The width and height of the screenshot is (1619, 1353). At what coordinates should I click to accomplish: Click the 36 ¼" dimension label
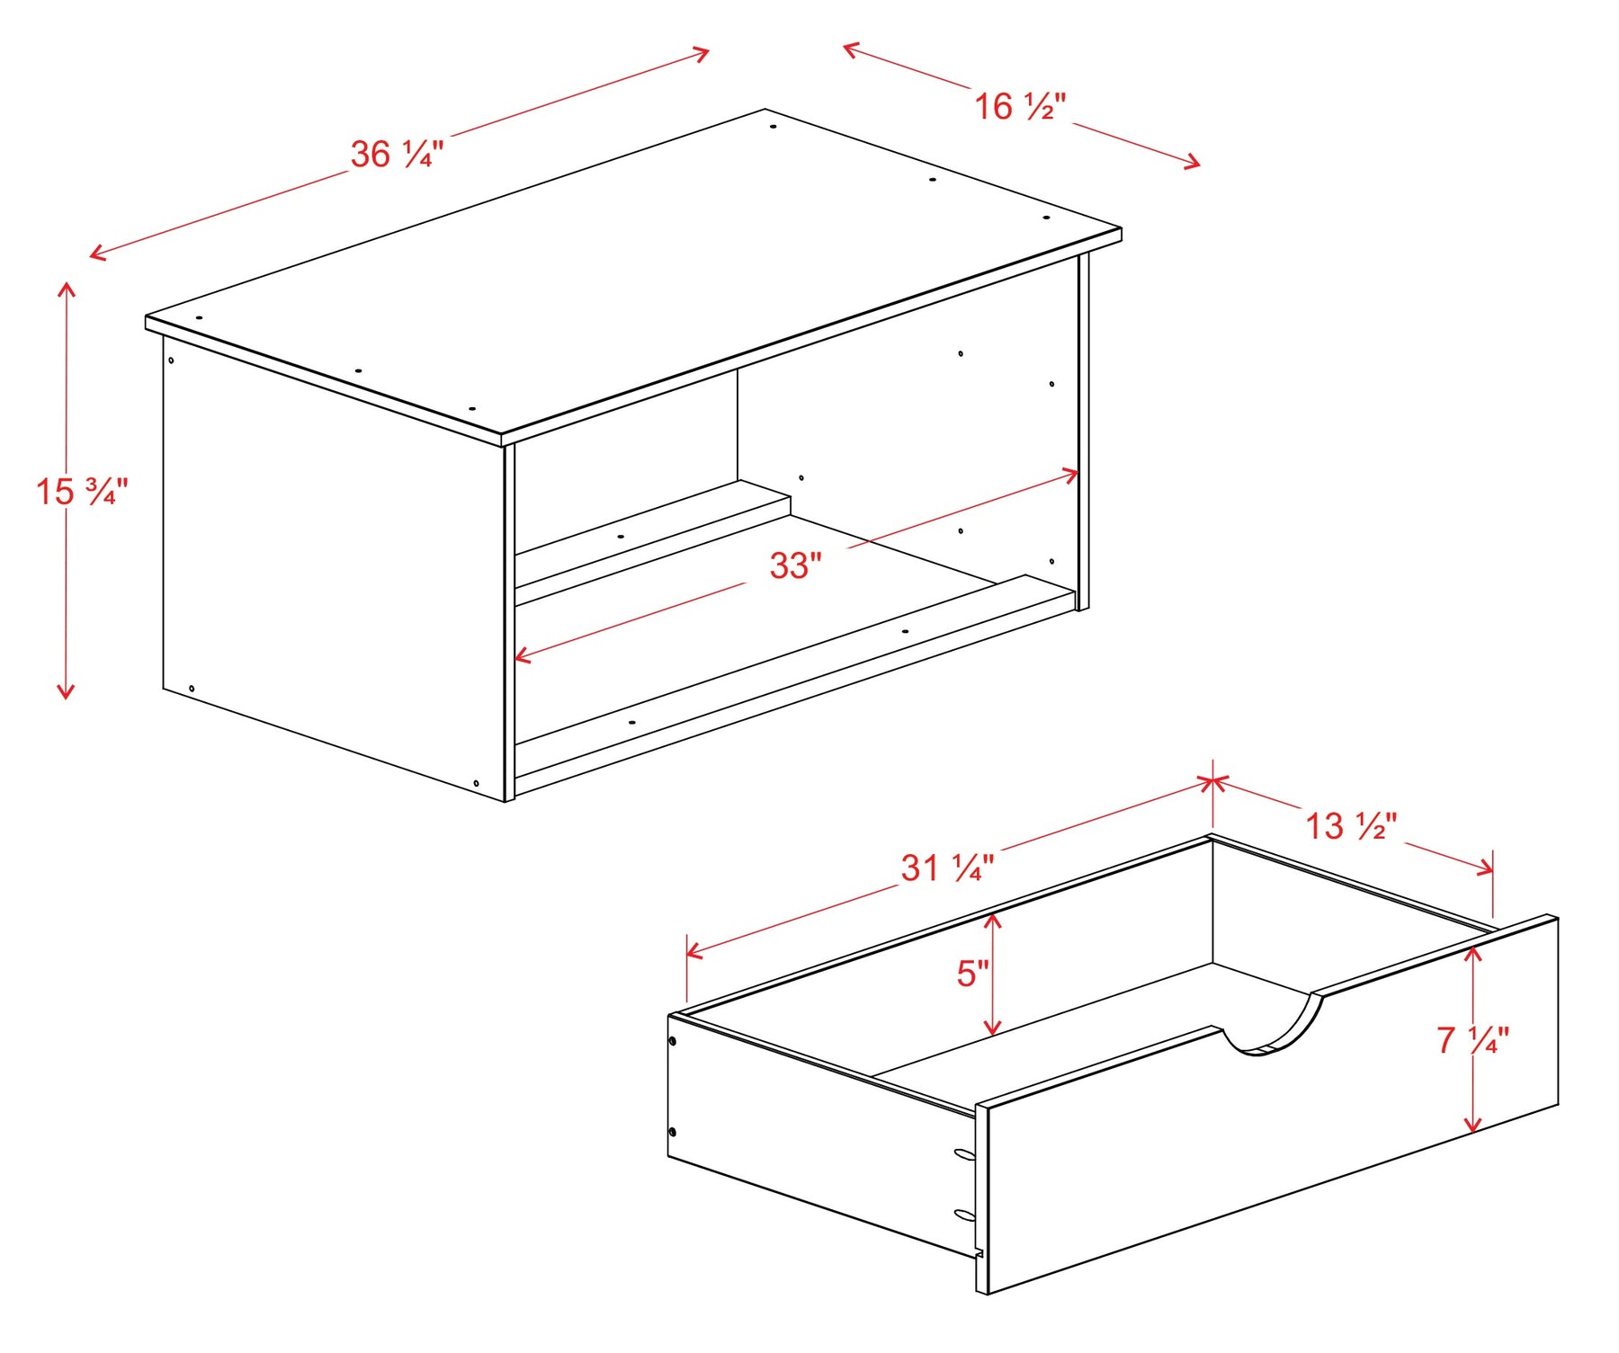click(397, 155)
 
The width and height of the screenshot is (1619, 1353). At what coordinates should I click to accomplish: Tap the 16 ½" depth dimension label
click(1020, 107)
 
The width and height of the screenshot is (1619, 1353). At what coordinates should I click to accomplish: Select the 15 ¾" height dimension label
click(82, 492)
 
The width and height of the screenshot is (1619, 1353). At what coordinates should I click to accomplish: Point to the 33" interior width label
click(796, 565)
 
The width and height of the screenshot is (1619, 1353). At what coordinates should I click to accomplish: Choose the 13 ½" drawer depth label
click(1351, 826)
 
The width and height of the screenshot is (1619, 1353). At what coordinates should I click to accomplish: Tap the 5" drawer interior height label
click(972, 974)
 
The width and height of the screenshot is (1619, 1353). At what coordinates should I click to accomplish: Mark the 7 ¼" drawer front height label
click(1473, 1040)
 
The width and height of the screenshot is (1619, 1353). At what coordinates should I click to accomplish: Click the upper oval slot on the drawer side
click(964, 1154)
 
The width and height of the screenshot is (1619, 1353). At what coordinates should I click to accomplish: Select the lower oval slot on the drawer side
click(964, 1215)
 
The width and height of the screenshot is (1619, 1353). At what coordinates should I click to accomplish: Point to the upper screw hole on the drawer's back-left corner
click(673, 1042)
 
